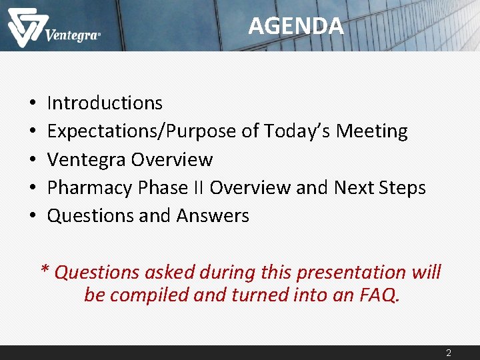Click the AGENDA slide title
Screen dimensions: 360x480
[x=296, y=26]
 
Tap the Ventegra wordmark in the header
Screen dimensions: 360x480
[x=73, y=35]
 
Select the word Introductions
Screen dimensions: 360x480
[x=105, y=103]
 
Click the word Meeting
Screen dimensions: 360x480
[x=371, y=131]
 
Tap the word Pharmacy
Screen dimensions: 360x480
[x=90, y=188]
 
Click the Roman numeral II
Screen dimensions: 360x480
[x=198, y=188]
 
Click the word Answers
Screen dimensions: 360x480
[x=213, y=216]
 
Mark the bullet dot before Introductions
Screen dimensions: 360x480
[x=32, y=104]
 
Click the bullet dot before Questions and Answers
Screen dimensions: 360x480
[x=32, y=217]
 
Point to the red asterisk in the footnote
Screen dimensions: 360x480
[x=45, y=270]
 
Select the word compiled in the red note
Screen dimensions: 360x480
[x=150, y=295]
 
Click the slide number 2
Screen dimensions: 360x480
[x=449, y=353]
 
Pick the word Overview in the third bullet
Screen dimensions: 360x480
[x=172, y=160]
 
